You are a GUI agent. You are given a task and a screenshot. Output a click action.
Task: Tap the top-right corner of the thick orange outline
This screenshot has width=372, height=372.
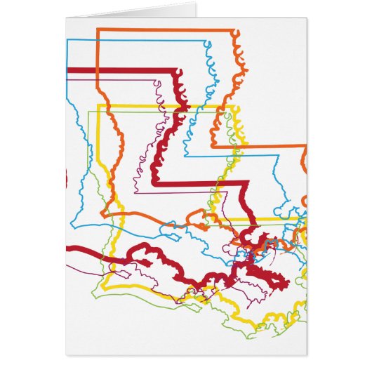point(236,30)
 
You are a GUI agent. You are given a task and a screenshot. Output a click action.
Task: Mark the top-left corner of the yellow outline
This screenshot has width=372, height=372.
point(98,106)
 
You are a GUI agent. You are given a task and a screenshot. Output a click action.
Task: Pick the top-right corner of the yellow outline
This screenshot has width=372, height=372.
point(234,106)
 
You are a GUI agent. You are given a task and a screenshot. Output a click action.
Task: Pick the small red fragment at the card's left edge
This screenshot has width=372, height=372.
point(65,178)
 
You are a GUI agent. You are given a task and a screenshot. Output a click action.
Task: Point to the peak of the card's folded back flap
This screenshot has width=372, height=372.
point(195,4)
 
